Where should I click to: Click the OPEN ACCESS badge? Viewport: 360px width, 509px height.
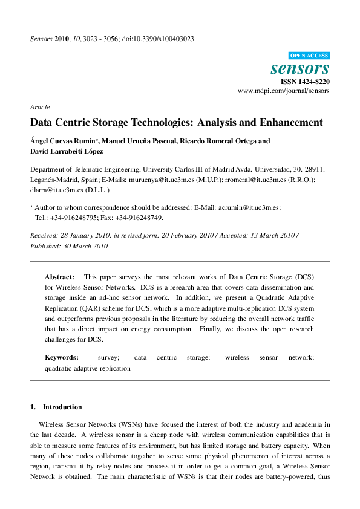click(309, 54)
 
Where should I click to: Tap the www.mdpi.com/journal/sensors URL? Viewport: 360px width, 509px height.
click(284, 91)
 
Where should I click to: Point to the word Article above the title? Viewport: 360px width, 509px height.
click(40, 107)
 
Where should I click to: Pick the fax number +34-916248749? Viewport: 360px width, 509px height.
click(140, 218)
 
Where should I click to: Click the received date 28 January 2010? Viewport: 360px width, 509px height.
click(83, 235)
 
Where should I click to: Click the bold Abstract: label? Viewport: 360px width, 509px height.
click(60, 276)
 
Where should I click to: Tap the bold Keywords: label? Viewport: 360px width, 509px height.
click(62, 357)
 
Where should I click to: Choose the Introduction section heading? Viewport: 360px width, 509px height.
click(62, 407)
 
